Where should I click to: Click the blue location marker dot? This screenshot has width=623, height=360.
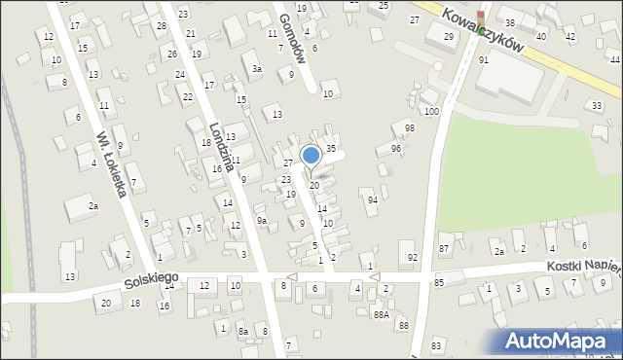coord(311,155)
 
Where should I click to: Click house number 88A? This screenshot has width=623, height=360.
coord(381,314)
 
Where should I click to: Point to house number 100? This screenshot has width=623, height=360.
coord(431,112)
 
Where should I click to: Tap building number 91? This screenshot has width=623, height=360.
coord(484,60)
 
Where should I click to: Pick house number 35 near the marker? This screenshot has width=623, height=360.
coord(331,148)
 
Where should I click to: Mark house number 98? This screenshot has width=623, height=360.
coord(409,128)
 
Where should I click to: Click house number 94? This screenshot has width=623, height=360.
coord(373,199)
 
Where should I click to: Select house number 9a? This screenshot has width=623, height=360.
coord(262,221)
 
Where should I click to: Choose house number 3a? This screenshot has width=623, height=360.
coord(257,69)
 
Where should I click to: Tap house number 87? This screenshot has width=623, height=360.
coord(444,249)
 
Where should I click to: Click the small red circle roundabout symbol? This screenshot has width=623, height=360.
coord(438,66)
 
